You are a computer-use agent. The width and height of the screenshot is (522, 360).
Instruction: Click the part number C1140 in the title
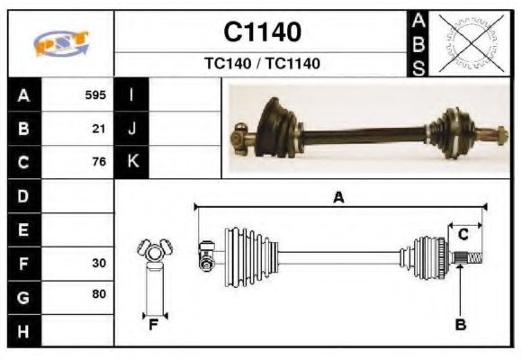coord(262,32)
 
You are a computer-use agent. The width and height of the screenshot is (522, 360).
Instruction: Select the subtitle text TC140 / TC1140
coord(262,64)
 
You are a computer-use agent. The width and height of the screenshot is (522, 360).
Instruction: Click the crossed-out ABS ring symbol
coord(469,43)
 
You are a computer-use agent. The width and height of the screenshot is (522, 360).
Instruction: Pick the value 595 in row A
coord(95,94)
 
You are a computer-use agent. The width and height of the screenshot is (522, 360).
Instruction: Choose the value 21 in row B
coord(99,129)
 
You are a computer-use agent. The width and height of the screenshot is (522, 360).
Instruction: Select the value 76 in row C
coord(99,163)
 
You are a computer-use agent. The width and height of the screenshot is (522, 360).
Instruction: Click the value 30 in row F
coord(99,264)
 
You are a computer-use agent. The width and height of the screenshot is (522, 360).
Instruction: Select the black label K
coord(132,162)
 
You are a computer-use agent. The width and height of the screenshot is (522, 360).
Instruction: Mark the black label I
coord(132,94)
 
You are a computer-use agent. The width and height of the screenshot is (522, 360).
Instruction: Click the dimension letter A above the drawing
coord(338,198)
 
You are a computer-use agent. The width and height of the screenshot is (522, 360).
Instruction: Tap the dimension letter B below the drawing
coord(460,325)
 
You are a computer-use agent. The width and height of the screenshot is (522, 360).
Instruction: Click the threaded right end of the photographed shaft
coord(497,139)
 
